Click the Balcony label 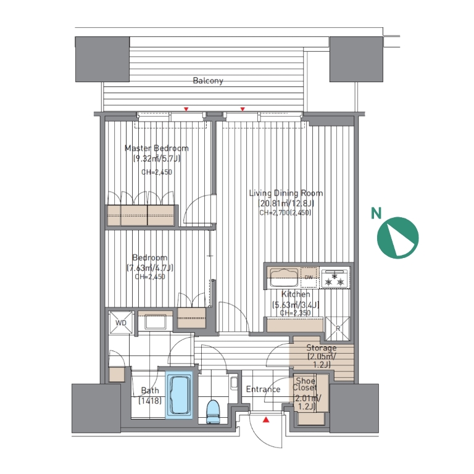point(208,81)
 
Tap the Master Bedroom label point(157,148)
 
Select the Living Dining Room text point(286,193)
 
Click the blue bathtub point(179,395)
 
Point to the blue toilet point(213,412)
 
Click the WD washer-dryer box point(121,323)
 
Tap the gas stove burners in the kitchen point(335,278)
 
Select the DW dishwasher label point(309,277)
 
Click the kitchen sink point(284,278)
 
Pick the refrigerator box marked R point(338,328)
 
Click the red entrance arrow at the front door point(266,420)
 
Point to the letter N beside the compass point(376,214)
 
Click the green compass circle point(398,238)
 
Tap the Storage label point(322,347)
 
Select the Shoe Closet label point(305,385)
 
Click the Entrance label point(263,389)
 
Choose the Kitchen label point(296,294)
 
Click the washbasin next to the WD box point(155,322)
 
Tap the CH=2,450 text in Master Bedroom point(157,172)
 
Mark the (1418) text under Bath point(150,401)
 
